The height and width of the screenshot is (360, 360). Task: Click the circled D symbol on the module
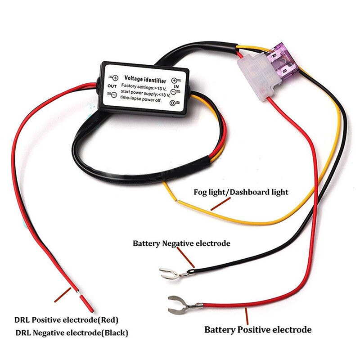172,103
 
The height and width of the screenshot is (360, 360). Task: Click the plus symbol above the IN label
174,80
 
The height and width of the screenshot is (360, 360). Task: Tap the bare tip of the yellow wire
166,184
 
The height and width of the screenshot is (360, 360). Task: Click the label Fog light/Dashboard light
241,192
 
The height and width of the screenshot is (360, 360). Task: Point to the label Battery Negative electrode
181,243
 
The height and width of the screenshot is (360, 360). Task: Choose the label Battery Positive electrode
258,330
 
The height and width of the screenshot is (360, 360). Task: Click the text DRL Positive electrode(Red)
67,320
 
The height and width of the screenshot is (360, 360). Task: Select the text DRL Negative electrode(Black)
72,333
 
